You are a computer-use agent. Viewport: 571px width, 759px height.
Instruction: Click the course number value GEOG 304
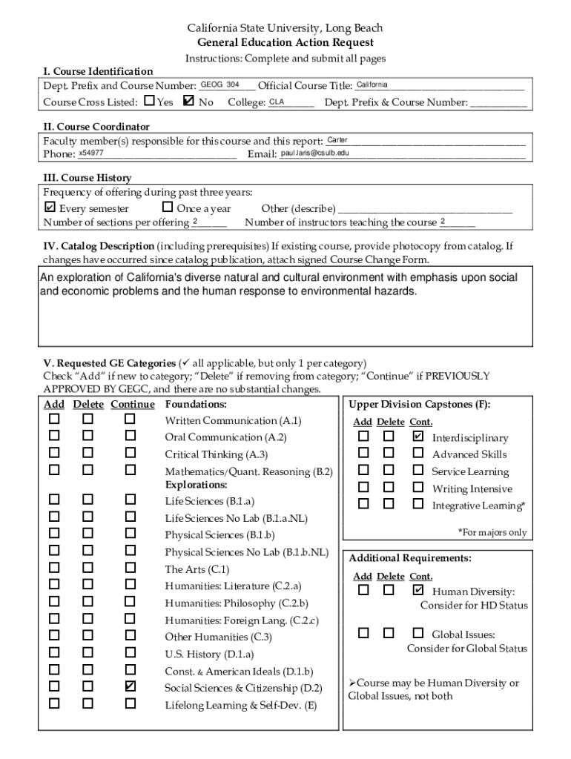tap(220, 85)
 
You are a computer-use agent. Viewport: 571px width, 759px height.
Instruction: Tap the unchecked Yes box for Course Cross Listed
tap(150, 100)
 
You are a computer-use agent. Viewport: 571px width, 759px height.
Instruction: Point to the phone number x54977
tap(90, 153)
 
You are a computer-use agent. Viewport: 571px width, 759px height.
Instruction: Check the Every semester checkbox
tap(50, 208)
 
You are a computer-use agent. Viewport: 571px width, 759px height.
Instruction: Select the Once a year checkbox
tap(167, 208)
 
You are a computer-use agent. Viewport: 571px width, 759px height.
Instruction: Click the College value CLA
tap(277, 102)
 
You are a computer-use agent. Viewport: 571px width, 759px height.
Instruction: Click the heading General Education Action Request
tap(285, 43)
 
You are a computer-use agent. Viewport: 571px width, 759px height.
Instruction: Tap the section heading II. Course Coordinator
tap(96, 127)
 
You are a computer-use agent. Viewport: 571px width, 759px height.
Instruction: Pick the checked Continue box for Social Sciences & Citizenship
tap(131, 686)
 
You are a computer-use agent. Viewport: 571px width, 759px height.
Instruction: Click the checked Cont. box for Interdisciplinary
tap(417, 437)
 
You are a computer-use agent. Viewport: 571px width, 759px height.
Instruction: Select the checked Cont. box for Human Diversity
tap(417, 590)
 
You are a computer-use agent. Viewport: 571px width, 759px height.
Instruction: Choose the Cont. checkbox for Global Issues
tap(417, 633)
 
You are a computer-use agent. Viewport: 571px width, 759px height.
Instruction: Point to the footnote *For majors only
tap(492, 532)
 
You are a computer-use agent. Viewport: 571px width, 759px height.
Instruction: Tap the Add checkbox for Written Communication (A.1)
tap(54, 419)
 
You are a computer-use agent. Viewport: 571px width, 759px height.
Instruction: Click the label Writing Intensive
tap(472, 488)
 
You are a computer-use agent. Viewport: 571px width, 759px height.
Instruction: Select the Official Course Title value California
tap(372, 85)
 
